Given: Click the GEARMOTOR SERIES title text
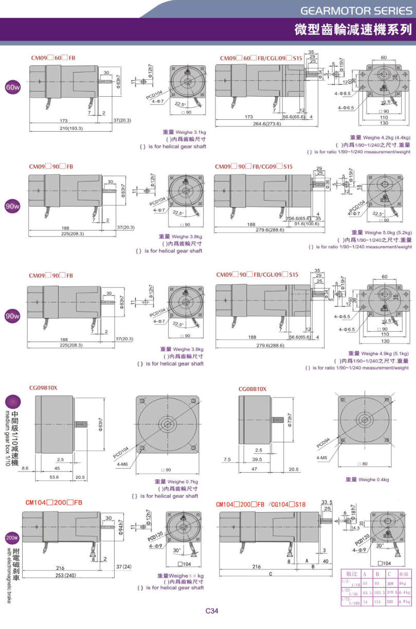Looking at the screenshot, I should (356, 10).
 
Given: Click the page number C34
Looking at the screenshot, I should (212, 611).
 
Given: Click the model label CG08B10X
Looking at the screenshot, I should (252, 389).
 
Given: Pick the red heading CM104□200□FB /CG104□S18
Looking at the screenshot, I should (261, 505).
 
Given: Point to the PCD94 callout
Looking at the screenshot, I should (323, 441).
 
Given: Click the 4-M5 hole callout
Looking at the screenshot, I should (321, 457).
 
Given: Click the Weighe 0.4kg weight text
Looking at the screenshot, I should (367, 479).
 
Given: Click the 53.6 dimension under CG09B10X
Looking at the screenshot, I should (54, 477).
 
